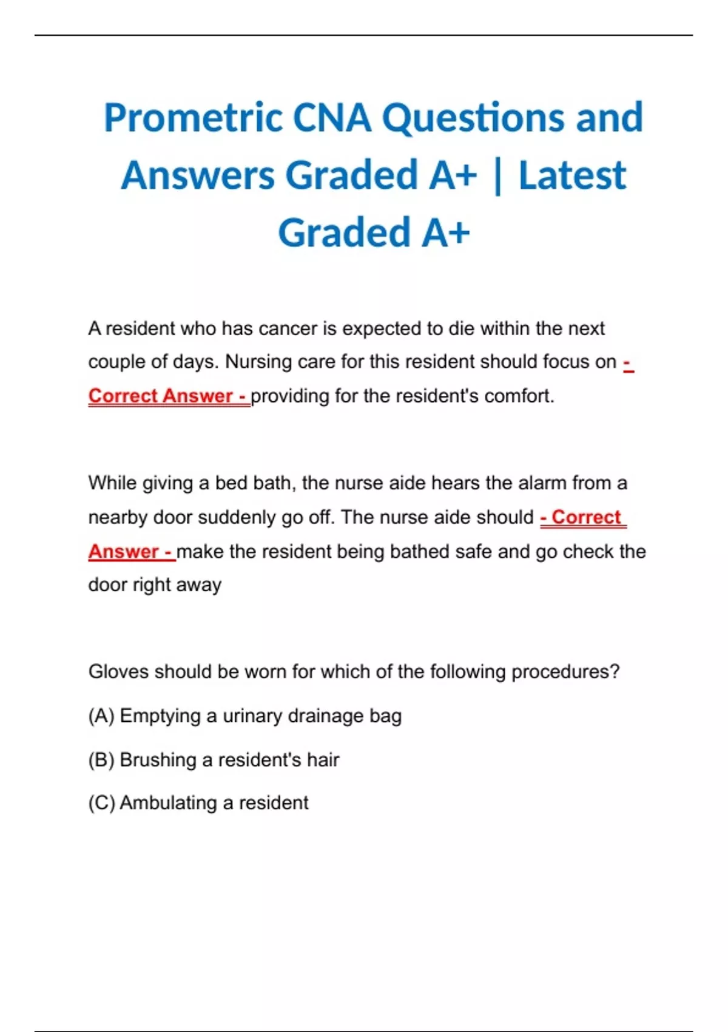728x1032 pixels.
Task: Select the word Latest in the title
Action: (x=572, y=175)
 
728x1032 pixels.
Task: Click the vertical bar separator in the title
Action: (x=498, y=175)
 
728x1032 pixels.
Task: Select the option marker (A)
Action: (x=101, y=716)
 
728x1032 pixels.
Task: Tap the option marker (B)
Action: (x=101, y=759)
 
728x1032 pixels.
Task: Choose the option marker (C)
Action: (x=101, y=803)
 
